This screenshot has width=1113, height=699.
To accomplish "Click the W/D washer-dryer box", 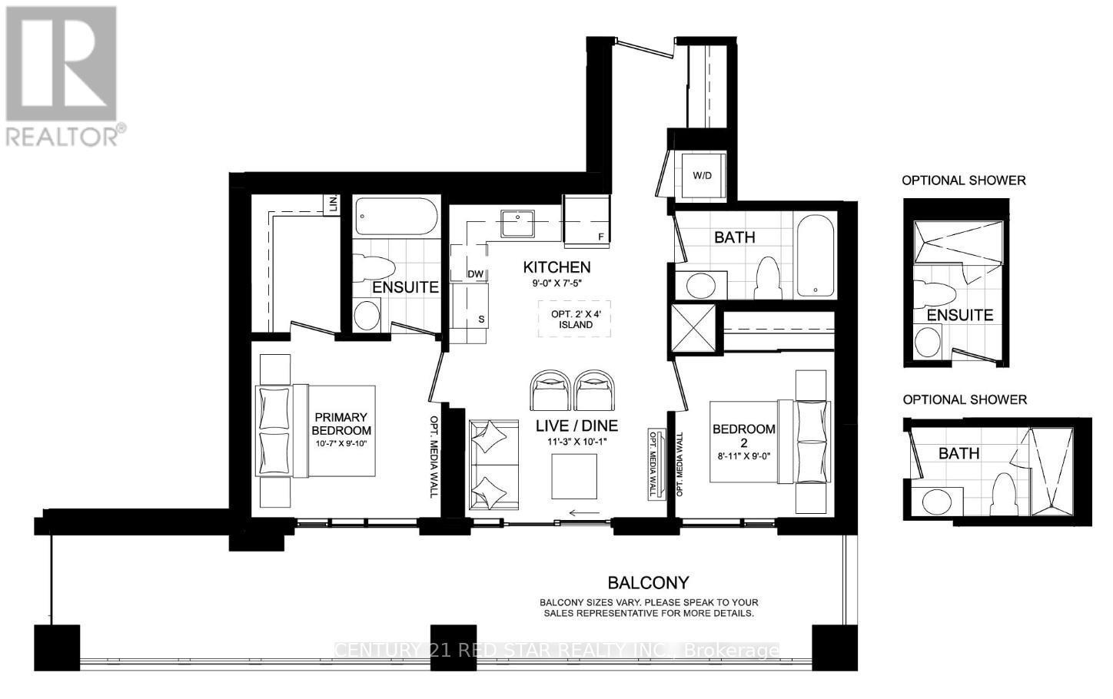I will click(702, 176).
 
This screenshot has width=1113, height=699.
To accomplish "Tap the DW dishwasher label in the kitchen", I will click(475, 274).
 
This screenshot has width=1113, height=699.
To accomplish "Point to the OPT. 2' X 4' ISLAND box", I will click(575, 319).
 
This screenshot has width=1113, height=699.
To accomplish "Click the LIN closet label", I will click(333, 205).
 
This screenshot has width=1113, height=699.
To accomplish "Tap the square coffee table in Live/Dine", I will click(574, 476).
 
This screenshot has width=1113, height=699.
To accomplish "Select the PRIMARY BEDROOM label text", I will click(341, 424).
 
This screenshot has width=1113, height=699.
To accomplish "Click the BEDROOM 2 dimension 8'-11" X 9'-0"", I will click(744, 456).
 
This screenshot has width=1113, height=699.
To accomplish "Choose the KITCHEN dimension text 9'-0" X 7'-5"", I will click(557, 283).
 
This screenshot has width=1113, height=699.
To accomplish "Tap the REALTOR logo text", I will click(62, 135).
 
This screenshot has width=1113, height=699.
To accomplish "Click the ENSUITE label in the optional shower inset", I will click(959, 315).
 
